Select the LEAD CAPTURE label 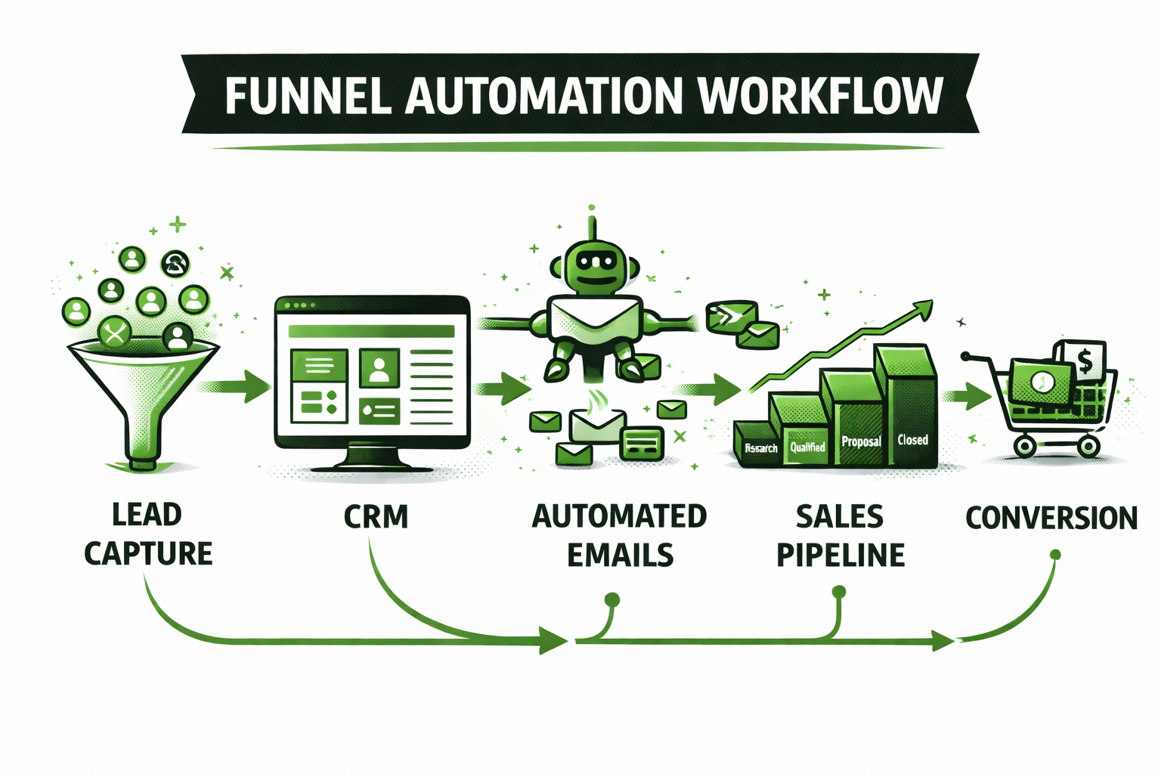point(147,534)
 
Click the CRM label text point(376,517)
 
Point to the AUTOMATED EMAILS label point(619,535)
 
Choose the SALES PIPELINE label point(840,535)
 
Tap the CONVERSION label point(1051,518)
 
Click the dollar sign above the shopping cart point(1085,361)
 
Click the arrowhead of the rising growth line point(923,308)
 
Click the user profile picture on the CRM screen point(379,368)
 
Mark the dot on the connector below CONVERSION point(1055,556)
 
